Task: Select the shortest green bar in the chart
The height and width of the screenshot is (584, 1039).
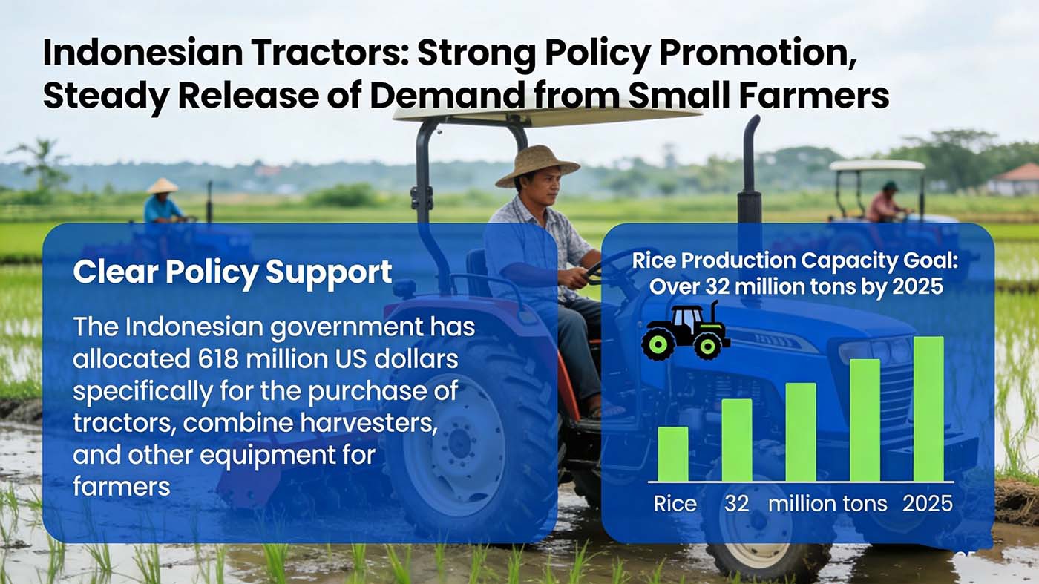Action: [x=672, y=453]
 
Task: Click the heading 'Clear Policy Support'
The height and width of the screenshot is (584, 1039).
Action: [x=232, y=272]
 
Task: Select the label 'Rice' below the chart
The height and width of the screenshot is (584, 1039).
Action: [x=675, y=504]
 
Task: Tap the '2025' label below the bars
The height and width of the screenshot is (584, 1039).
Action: [x=927, y=504]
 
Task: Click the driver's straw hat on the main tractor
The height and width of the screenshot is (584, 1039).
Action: [x=537, y=163]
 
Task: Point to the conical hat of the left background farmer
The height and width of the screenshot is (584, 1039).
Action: [x=162, y=186]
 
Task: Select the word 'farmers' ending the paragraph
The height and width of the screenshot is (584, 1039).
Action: [x=122, y=487]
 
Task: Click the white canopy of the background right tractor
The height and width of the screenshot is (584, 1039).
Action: [x=876, y=165]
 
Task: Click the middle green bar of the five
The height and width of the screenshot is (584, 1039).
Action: [x=800, y=431]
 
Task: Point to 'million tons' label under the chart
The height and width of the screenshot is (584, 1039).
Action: [x=827, y=504]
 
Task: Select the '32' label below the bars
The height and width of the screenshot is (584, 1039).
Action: [x=736, y=504]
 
